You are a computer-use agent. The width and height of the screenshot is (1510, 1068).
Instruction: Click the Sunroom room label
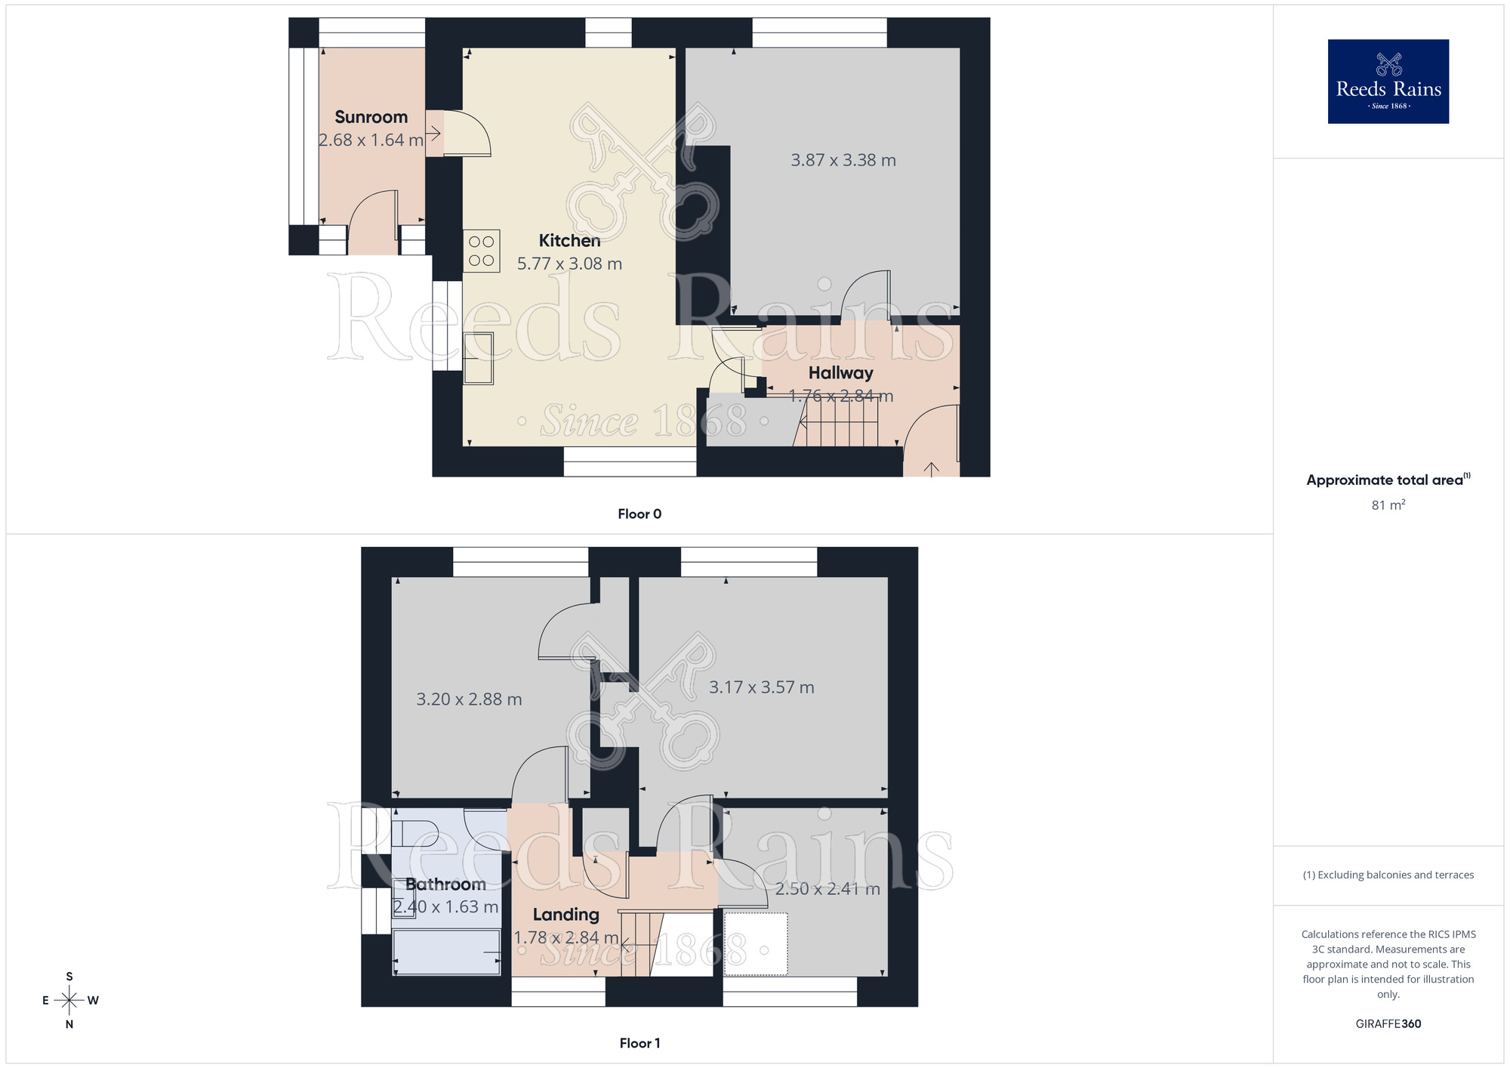click(371, 117)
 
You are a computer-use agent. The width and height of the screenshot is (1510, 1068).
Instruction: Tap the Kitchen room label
click(569, 241)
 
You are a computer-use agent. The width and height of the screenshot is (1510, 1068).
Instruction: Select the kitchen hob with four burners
click(481, 251)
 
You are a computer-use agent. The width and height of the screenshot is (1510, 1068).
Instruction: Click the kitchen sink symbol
click(478, 358)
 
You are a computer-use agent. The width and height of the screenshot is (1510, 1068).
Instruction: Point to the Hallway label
click(840, 373)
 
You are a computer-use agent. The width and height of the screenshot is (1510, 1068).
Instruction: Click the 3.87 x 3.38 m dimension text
click(843, 160)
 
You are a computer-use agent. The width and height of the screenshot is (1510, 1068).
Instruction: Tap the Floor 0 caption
click(639, 514)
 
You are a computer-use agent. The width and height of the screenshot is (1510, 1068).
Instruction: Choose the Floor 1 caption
click(639, 1043)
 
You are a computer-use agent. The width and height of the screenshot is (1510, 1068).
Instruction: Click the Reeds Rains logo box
click(1388, 82)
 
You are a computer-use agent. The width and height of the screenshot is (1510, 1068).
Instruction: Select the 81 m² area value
click(1388, 505)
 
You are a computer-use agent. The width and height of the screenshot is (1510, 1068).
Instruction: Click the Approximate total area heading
click(1388, 480)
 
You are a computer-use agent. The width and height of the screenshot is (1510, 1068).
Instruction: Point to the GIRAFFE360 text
click(1388, 1024)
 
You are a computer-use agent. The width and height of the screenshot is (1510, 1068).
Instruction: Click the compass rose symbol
click(69, 1001)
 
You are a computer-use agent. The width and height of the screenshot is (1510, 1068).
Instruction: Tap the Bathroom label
click(445, 884)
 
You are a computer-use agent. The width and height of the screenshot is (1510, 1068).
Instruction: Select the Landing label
click(565, 915)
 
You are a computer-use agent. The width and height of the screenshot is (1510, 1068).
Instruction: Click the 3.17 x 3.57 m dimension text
click(761, 687)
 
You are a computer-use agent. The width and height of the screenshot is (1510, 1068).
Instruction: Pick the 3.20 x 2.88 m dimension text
click(469, 699)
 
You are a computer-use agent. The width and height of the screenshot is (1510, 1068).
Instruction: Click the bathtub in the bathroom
click(446, 952)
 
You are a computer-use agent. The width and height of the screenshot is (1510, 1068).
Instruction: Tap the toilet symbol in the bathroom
click(415, 834)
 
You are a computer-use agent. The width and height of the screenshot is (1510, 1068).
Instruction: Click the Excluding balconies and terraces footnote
click(1388, 875)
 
